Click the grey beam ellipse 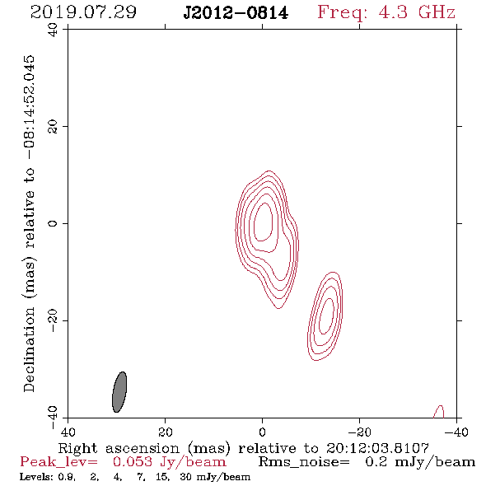coord(119,392)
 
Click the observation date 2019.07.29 coord(83,12)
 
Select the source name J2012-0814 coord(236,12)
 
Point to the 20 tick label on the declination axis coord(53,127)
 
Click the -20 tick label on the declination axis coord(53,320)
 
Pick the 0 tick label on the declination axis coord(53,223)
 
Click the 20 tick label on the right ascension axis coord(165,432)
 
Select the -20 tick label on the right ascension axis coord(359,432)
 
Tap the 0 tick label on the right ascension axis coord(262,432)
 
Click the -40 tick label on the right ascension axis coord(456,432)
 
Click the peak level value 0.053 coord(133,462)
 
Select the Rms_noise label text coord(304,462)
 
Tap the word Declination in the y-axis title coord(29,349)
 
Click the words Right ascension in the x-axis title coord(119,448)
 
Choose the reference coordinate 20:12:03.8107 coord(377,448)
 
